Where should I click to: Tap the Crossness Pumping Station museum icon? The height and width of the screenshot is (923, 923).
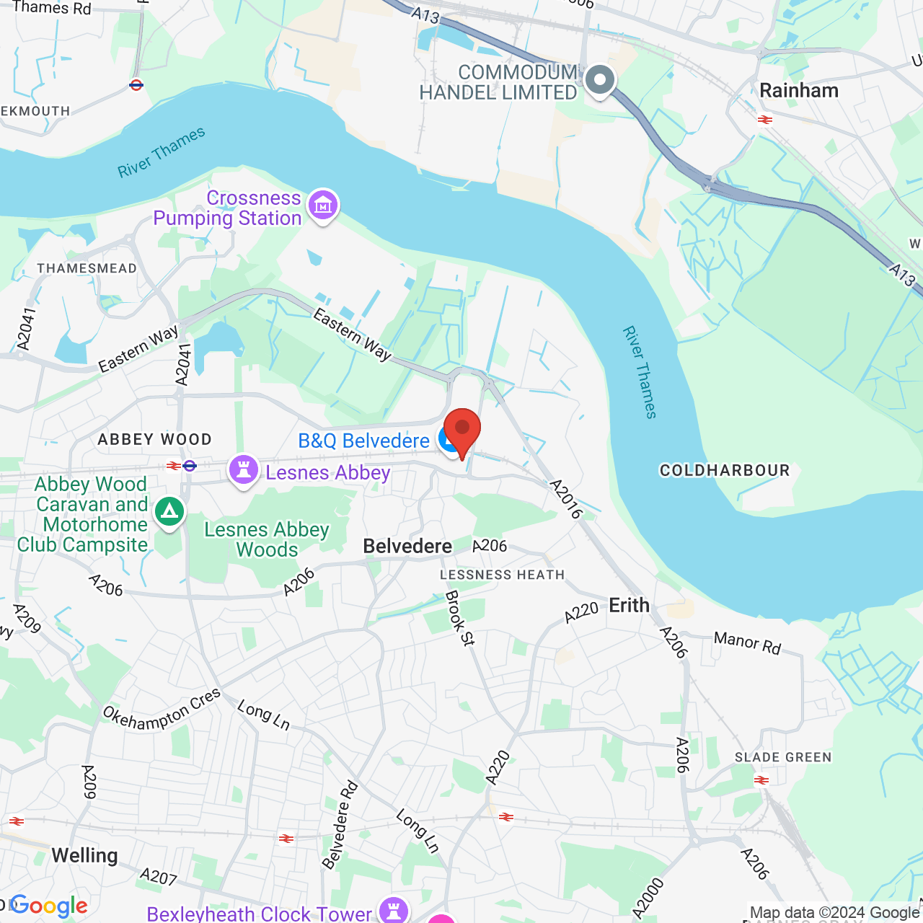(x=322, y=206)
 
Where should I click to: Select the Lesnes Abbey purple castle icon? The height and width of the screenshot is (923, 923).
(x=244, y=470)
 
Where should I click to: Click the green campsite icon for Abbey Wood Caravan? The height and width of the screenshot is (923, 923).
(x=169, y=512)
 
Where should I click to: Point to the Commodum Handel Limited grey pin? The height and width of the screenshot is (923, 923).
(x=599, y=80)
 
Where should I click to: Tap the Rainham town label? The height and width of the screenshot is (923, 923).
(x=799, y=91)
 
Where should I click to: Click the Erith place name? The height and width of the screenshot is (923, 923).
(x=629, y=606)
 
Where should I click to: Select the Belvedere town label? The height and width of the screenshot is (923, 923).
(x=407, y=547)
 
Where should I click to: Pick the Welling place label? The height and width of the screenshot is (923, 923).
(x=84, y=856)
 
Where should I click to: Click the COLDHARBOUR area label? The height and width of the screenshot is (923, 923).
(x=725, y=471)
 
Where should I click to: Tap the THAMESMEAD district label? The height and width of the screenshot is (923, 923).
(x=87, y=268)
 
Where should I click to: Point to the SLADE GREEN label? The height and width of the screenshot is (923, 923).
(x=783, y=757)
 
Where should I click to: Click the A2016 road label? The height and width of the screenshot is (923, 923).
(x=565, y=499)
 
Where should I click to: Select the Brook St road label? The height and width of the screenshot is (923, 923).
(x=460, y=618)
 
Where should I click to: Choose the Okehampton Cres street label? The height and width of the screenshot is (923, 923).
(x=162, y=710)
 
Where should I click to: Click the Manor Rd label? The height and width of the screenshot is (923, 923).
(x=747, y=642)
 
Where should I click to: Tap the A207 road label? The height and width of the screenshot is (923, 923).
(x=159, y=877)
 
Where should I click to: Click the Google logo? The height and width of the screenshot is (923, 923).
(x=49, y=906)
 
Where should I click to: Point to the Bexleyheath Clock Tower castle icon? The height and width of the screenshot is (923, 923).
(x=394, y=910)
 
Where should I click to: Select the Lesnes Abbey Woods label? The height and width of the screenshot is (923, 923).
(x=267, y=539)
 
